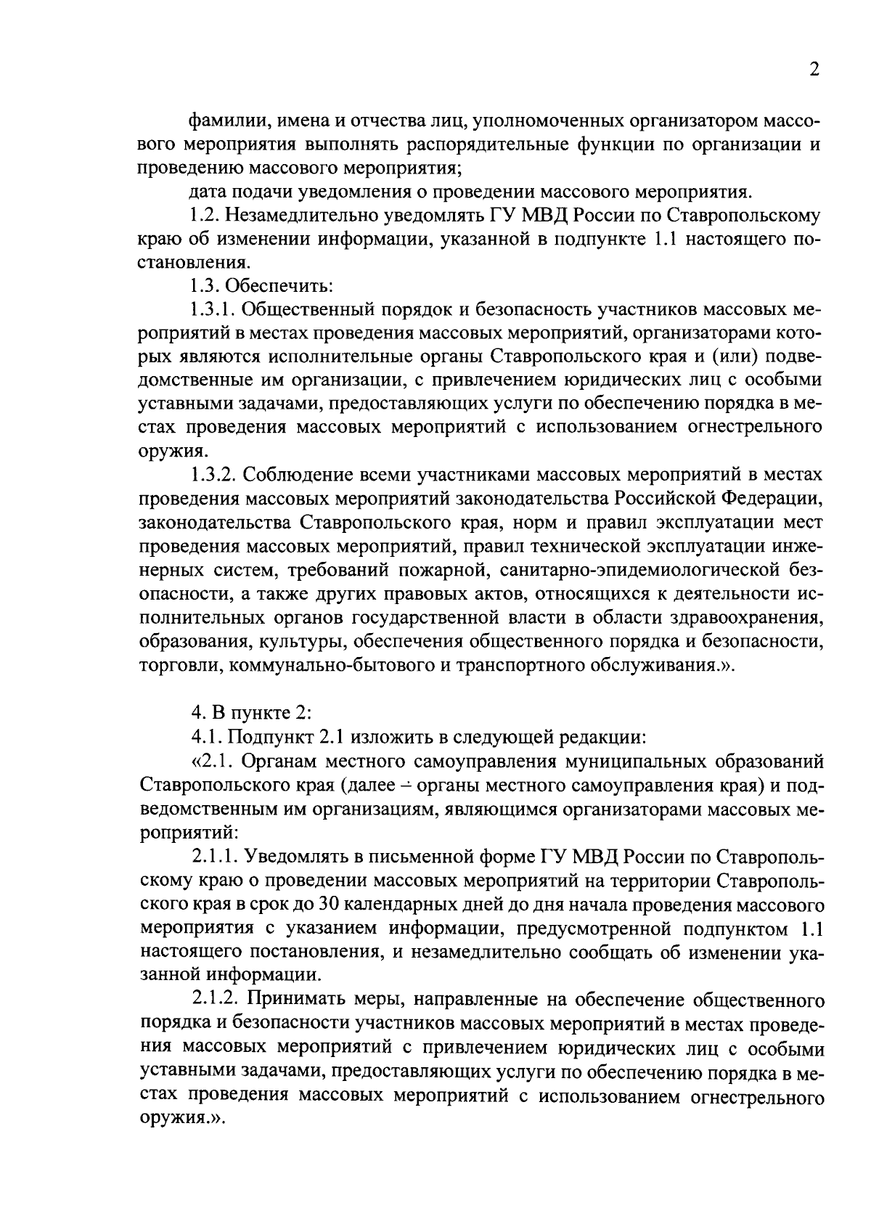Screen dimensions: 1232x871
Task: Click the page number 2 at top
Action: tap(814, 70)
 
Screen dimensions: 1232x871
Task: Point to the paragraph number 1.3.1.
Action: tap(211, 310)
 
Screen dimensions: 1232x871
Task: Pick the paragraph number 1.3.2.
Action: tap(211, 476)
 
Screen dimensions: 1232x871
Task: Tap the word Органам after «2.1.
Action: tap(281, 762)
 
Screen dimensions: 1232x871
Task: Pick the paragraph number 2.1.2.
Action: tap(214, 1000)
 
